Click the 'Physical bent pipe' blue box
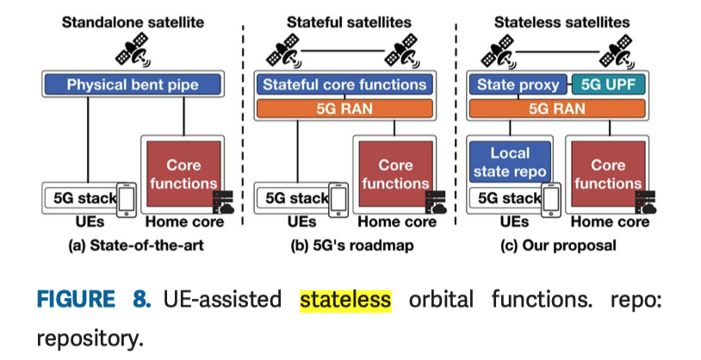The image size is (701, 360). pyautogui.click(x=133, y=85)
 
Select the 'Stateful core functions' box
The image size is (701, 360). pyautogui.click(x=344, y=84)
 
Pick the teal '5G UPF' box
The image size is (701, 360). pyautogui.click(x=607, y=85)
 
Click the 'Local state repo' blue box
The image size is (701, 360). pyautogui.click(x=509, y=162)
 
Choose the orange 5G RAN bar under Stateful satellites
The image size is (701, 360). pyautogui.click(x=344, y=109)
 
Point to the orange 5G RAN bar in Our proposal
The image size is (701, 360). pyautogui.click(x=556, y=109)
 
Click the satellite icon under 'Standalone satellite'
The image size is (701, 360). pyautogui.click(x=133, y=52)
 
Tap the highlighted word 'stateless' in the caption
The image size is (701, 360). pyautogui.click(x=345, y=300)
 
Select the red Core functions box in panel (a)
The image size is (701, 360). pyautogui.click(x=183, y=173)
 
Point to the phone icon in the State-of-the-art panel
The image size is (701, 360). pyautogui.click(x=127, y=199)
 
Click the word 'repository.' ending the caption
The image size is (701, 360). pyautogui.click(x=90, y=338)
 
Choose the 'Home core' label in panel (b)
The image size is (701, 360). pyautogui.click(x=395, y=222)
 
